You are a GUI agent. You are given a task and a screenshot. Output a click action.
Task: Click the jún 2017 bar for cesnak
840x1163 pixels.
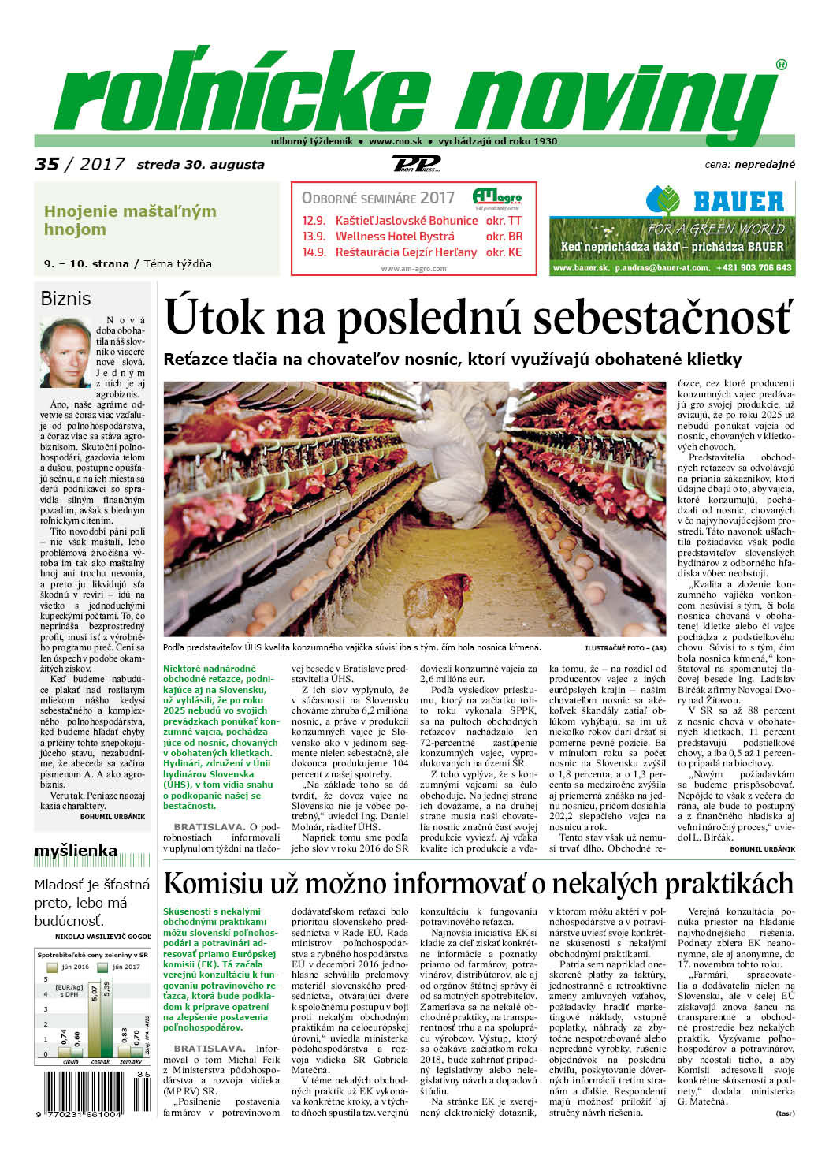[x=106, y=1018]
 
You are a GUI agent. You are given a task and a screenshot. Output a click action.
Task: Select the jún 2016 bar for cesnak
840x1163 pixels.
[x=95, y=1020]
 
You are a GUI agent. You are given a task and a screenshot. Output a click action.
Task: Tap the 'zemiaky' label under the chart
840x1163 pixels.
[x=131, y=1061]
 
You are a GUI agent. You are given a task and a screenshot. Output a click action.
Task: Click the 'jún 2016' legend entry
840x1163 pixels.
[x=69, y=966]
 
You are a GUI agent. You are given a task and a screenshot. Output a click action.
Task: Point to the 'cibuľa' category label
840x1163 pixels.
[x=70, y=1061]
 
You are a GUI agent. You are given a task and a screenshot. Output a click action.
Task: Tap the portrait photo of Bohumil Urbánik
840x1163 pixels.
[x=65, y=352]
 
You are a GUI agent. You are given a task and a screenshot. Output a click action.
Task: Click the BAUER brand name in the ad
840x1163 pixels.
[x=738, y=201]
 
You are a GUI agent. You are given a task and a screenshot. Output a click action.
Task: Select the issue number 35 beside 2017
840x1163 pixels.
[x=46, y=164]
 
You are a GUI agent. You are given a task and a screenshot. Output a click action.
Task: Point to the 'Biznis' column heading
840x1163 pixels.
[x=65, y=299]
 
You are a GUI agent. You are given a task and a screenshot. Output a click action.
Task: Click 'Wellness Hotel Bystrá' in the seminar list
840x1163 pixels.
[x=395, y=236]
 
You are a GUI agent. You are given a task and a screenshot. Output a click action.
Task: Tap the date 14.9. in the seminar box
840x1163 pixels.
[x=313, y=252]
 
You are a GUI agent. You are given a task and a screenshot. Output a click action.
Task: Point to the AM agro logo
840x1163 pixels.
[x=496, y=196]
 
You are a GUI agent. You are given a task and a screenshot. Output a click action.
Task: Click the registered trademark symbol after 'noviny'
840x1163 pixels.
[x=781, y=65]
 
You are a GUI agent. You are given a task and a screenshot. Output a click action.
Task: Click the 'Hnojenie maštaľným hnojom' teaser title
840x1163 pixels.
[x=130, y=220]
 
